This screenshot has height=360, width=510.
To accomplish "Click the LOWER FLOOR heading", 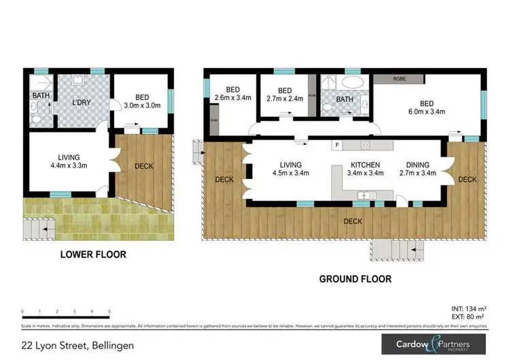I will (x=92, y=255).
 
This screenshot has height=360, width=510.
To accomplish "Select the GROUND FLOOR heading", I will (x=356, y=279).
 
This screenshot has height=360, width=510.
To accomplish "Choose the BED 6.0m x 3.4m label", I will (x=426, y=108).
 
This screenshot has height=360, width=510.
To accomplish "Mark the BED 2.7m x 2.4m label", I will (x=285, y=94).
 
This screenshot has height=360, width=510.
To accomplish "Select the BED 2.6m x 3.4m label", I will (x=233, y=94).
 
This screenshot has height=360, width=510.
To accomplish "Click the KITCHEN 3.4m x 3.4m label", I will (x=365, y=169).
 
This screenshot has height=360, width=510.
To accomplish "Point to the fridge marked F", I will (x=336, y=145).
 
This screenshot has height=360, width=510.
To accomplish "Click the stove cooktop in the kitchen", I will (x=365, y=145).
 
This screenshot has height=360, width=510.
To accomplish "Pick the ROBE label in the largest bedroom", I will (x=400, y=79).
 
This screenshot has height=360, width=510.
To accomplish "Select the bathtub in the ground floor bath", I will (x=353, y=82).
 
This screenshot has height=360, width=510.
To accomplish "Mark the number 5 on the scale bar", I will (x=109, y=310).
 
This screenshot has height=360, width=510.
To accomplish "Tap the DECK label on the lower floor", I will (x=144, y=165).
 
